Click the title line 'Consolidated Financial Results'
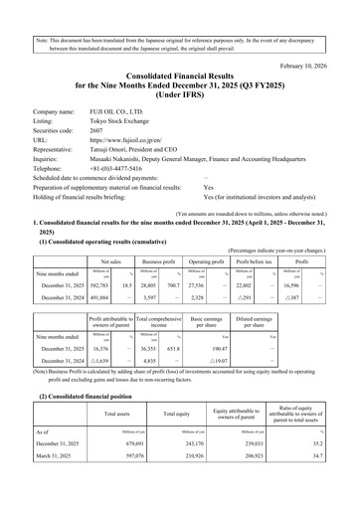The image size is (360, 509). pos(179,59)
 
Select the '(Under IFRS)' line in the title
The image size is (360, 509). pos(179,83)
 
